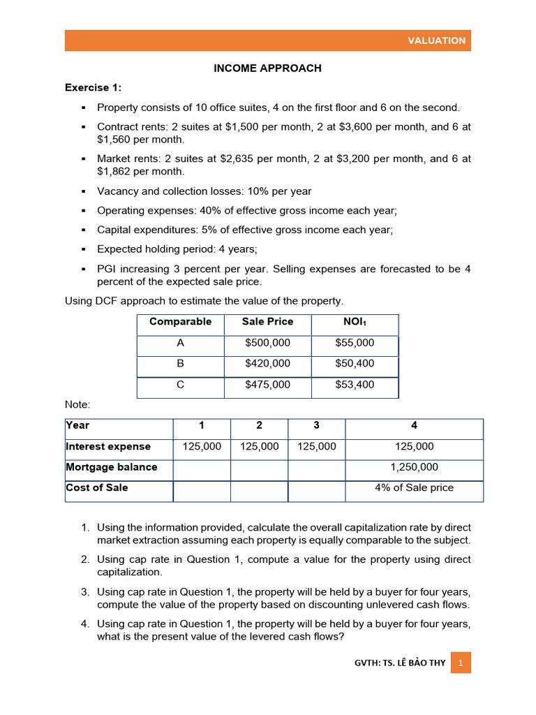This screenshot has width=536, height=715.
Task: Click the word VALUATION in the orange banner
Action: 436,40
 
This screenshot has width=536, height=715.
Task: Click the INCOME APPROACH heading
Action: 267,68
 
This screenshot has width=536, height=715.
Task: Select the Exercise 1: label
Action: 93,87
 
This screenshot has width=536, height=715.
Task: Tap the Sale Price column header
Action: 267,322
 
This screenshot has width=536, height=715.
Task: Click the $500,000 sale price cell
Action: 267,343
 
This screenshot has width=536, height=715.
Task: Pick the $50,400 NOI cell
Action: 355,364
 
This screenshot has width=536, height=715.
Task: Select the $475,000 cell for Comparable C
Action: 267,385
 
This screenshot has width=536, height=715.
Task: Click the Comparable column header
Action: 180,322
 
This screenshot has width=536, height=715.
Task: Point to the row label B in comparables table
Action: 180,364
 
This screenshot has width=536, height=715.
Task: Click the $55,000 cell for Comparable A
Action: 355,343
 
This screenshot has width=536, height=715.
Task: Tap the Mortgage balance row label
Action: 111,467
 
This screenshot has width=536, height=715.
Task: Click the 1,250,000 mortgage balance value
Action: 414,467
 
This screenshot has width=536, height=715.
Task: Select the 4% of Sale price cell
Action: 414,487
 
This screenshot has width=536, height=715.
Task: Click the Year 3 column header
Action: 316,425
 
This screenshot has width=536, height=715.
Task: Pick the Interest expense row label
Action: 108,446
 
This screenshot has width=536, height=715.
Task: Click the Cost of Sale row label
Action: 97,487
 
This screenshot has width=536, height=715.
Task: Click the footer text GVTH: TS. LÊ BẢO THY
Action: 399,663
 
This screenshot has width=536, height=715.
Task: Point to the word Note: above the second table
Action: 77,405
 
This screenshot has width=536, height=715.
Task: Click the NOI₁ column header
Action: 355,322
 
